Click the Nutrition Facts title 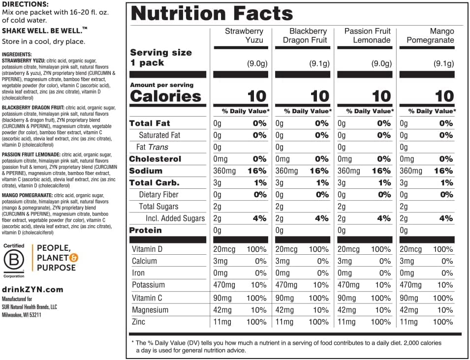[x=212, y=13]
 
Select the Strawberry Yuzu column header [x=244, y=35]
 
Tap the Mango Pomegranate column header [x=430, y=35]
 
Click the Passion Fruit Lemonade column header [x=368, y=35]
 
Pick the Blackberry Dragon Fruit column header [x=305, y=35]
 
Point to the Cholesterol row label [x=155, y=159]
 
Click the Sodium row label [x=146, y=171]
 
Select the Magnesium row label [x=150, y=310]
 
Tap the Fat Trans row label [x=152, y=147]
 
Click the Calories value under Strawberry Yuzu [x=257, y=96]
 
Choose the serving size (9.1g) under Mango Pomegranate [x=444, y=63]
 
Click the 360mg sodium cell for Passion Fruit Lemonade [x=349, y=171]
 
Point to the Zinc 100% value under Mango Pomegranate [x=443, y=322]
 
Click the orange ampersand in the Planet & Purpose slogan [x=74, y=258]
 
